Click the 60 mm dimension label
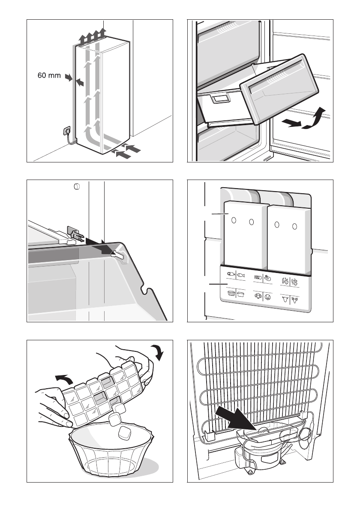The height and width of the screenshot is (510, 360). pyautogui.click(x=49, y=75)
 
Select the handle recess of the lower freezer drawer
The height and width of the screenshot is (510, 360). pyautogui.click(x=219, y=98)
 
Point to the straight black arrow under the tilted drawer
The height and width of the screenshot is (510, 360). pyautogui.click(x=291, y=123)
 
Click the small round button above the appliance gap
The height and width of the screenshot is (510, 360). pyautogui.click(x=77, y=187)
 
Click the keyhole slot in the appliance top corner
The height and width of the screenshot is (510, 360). pyautogui.click(x=118, y=255)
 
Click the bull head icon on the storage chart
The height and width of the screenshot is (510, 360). pyautogui.click(x=285, y=299)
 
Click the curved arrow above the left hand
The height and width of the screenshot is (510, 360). pyautogui.click(x=64, y=379)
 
